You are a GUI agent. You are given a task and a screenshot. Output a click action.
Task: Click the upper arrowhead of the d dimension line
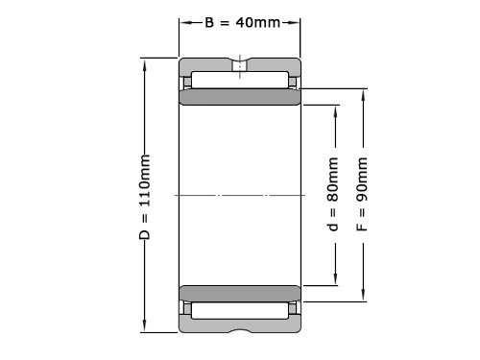334,107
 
